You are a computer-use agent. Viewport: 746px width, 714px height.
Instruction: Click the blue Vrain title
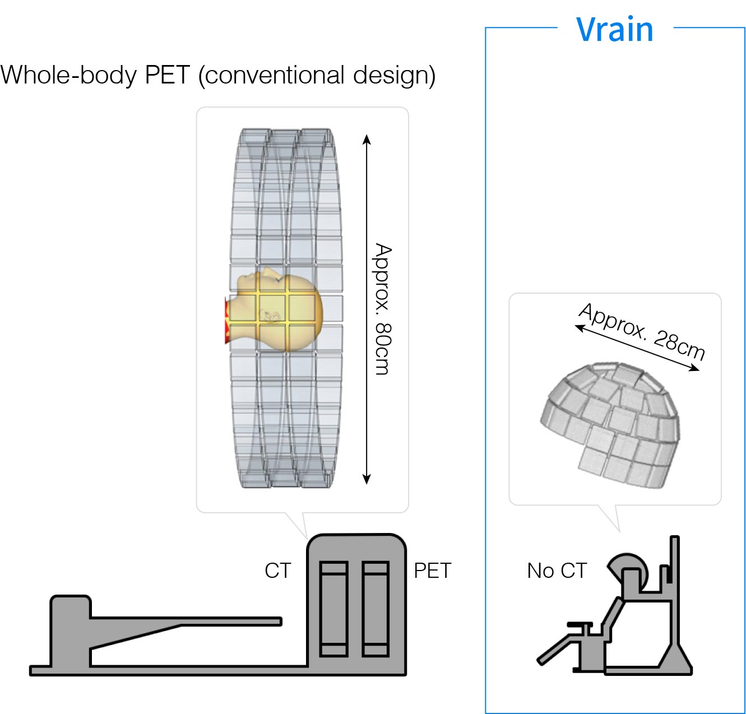click(615, 30)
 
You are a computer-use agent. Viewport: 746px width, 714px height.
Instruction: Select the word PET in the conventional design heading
click(167, 75)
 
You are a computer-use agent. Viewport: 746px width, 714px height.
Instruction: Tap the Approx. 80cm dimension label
click(383, 309)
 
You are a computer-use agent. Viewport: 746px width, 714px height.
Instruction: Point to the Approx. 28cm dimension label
click(642, 331)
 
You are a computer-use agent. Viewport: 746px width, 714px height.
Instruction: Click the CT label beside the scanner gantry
click(278, 571)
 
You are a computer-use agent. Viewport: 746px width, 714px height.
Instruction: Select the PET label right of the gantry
click(432, 571)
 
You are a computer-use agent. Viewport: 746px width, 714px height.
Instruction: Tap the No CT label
click(557, 571)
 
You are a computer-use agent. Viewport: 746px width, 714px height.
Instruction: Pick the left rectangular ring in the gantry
click(333, 608)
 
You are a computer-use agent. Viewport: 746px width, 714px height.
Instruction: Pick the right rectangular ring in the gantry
click(376, 608)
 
